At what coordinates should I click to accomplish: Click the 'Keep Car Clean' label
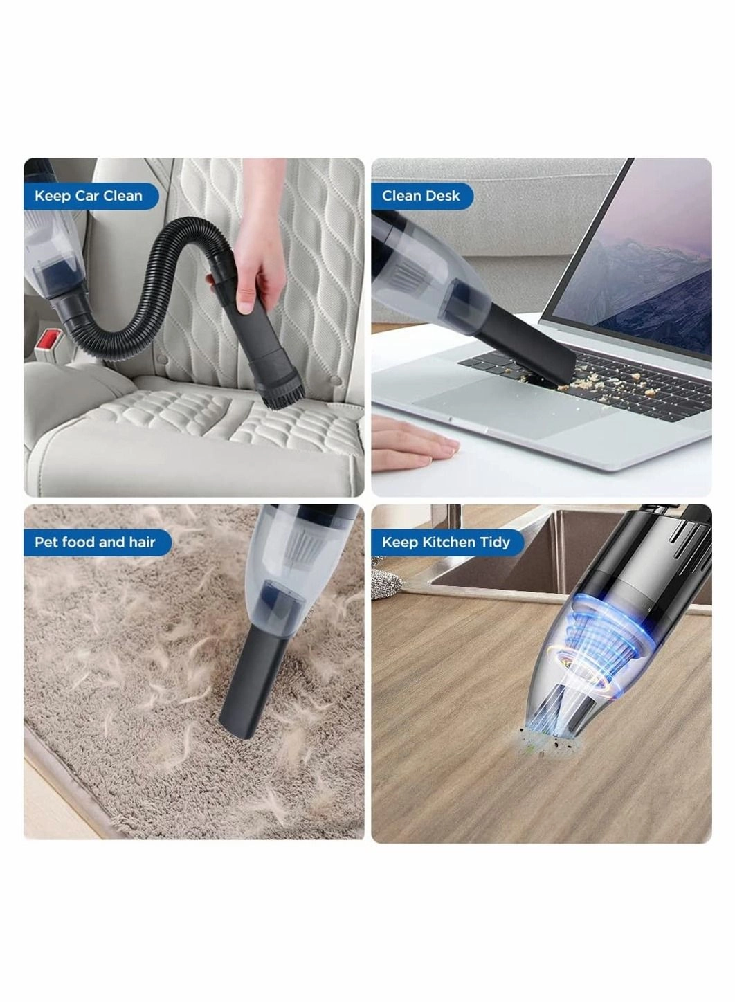pyautogui.click(x=89, y=196)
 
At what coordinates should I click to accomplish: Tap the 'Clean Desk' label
pyautogui.click(x=420, y=196)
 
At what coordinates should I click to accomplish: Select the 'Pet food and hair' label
pyautogui.click(x=95, y=542)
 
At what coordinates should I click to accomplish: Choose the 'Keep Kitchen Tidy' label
pyautogui.click(x=446, y=542)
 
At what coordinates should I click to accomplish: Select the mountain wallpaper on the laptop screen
pyautogui.click(x=644, y=270)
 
